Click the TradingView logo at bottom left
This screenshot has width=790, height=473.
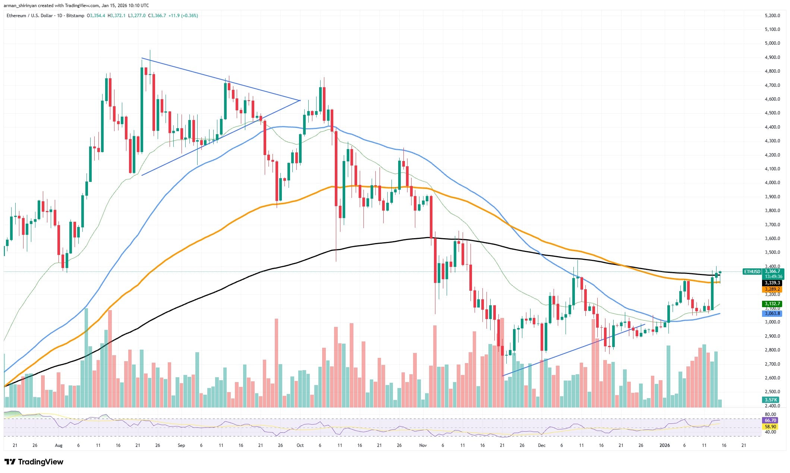click(34, 462)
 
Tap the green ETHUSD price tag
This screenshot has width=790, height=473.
click(752, 272)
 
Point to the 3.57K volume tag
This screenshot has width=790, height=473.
click(771, 400)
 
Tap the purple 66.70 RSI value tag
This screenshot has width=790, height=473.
click(770, 420)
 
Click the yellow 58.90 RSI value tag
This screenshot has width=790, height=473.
click(770, 426)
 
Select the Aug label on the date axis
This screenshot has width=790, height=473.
click(59, 445)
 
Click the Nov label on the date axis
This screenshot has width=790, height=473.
click(423, 445)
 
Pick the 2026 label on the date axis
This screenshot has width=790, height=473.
click(664, 445)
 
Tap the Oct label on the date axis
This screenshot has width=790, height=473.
click(300, 445)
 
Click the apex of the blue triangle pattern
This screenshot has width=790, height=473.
click(300, 100)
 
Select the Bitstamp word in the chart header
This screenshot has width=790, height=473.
click(75, 16)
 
